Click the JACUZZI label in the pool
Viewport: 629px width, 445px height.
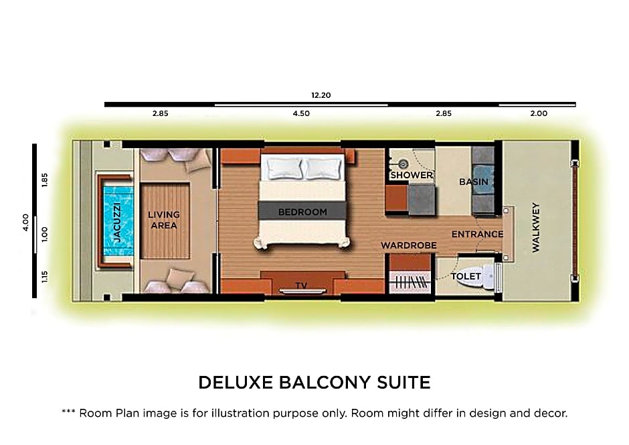tap(116, 222)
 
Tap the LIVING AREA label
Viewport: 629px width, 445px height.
tap(164, 220)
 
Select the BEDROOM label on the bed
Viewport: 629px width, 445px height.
tap(302, 212)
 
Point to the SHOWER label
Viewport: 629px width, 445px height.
tap(412, 175)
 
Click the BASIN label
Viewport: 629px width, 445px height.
tap(474, 182)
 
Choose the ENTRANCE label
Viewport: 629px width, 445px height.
tap(477, 234)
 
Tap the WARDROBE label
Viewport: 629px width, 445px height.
tap(408, 245)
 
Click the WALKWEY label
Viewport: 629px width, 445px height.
tap(536, 227)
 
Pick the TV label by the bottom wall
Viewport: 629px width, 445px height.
tap(301, 285)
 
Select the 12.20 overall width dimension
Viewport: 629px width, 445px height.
tap(321, 95)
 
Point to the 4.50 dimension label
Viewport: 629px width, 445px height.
tap(301, 114)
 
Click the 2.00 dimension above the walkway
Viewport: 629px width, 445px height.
tap(539, 114)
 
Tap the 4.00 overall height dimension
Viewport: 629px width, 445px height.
tap(25, 222)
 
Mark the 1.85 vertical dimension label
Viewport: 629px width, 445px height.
tap(45, 180)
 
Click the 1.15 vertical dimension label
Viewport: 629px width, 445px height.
tap(45, 277)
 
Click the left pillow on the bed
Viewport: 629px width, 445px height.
tap(284, 168)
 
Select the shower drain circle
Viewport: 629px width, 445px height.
tap(403, 164)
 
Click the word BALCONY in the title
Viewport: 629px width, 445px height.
tap(326, 383)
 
